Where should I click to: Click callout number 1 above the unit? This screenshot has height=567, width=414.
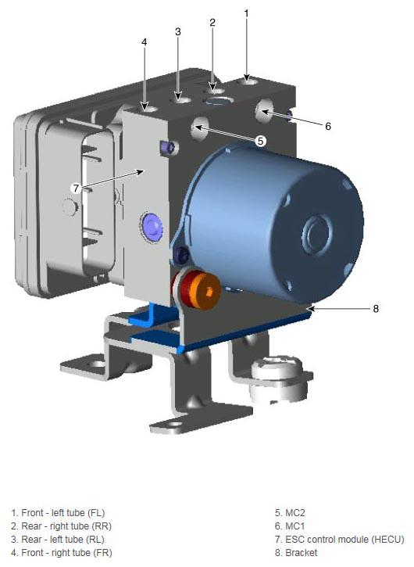coord(246,14)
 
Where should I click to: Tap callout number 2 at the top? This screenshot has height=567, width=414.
coord(212,23)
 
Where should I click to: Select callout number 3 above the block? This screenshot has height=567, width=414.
coord(178,32)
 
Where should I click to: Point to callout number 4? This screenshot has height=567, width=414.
coord(145,42)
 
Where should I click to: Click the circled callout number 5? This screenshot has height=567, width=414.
coord(260,141)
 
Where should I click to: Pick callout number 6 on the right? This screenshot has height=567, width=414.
coord(328,126)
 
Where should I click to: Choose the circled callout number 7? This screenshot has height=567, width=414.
coord(76,188)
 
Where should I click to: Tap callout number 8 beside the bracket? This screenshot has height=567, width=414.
coord(376,309)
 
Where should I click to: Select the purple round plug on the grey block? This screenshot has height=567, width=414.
coord(152,228)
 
